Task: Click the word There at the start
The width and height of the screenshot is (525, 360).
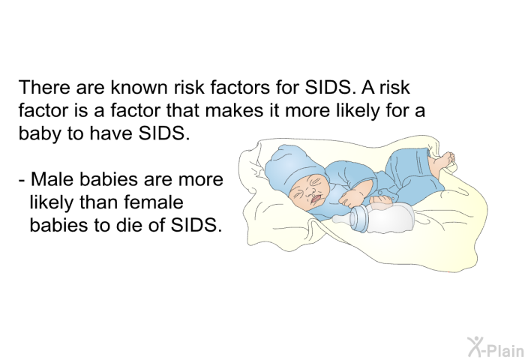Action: [45, 87]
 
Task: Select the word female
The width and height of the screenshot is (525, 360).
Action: [153, 202]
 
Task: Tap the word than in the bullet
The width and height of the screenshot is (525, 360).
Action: [99, 202]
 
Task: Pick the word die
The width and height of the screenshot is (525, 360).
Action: [129, 225]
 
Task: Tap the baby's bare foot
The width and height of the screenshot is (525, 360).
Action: [441, 163]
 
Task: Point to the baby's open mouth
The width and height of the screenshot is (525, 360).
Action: [316, 199]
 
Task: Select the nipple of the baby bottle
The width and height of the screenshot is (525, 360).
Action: [340, 219]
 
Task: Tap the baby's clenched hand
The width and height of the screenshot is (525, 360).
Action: [352, 198]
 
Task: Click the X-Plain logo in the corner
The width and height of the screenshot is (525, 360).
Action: [496, 347]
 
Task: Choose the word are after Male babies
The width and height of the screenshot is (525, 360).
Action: [158, 179]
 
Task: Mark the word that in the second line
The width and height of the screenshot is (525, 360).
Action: [182, 109]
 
